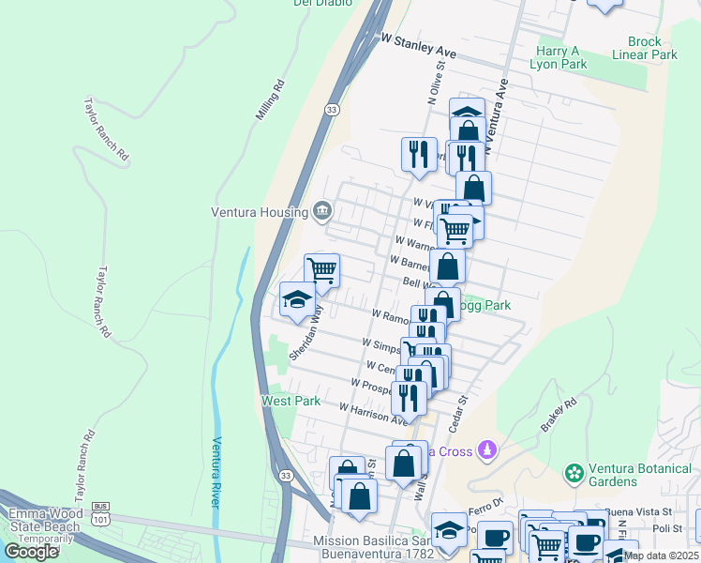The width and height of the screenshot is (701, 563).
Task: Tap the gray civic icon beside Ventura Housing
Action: pyautogui.click(x=322, y=209)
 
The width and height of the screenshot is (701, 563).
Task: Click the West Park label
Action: pyautogui.click(x=291, y=401)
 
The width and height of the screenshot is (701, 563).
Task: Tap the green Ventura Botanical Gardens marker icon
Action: pyautogui.click(x=574, y=470)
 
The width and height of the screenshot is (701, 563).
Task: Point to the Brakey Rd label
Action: pyautogui.click(x=559, y=414)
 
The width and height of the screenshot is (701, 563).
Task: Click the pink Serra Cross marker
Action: pyautogui.click(x=485, y=452)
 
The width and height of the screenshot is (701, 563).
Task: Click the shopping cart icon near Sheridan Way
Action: pyautogui.click(x=321, y=270)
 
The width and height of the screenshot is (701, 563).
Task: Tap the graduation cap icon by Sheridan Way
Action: pyautogui.click(x=297, y=299)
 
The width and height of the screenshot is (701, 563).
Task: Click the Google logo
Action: pyautogui.click(x=31, y=552)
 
